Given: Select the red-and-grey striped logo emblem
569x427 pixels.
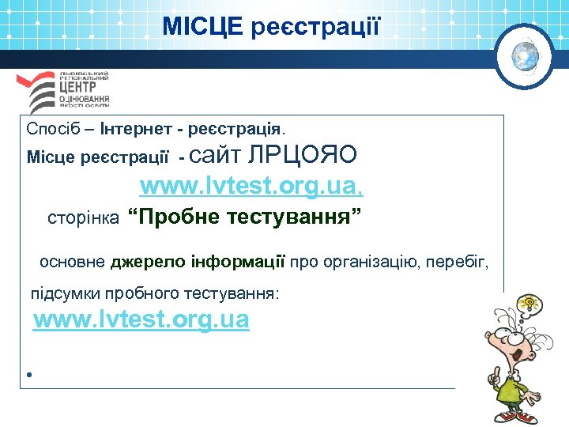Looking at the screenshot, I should [x=39, y=92].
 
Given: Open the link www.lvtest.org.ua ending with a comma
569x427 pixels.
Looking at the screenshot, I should [x=251, y=187].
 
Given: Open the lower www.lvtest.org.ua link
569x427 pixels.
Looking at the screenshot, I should [x=141, y=320].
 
